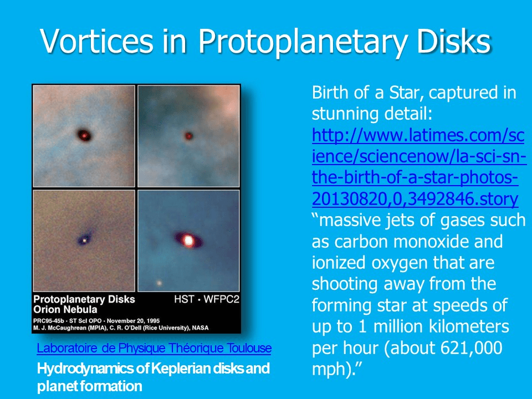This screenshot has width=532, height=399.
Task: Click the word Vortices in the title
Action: pyautogui.click(x=96, y=40)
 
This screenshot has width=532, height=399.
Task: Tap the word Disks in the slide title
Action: pyautogui.click(x=454, y=40)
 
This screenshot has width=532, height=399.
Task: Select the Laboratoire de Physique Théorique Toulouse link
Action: pyautogui.click(x=154, y=349)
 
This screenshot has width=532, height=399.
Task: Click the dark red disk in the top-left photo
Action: pyautogui.click(x=84, y=135)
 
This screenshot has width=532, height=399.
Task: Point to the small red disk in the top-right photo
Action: pyautogui.click(x=188, y=136)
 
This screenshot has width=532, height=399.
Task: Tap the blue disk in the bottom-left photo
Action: pyautogui.click(x=85, y=238)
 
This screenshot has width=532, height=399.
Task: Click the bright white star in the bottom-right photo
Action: pyautogui.click(x=188, y=240)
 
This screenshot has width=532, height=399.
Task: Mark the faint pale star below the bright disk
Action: pyautogui.click(x=159, y=283)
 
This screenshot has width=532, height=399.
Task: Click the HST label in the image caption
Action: pyautogui.click(x=184, y=299)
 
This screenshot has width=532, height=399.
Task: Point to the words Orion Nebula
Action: pyautogui.click(x=65, y=309)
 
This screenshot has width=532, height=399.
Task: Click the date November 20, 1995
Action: pyautogui.click(x=133, y=321)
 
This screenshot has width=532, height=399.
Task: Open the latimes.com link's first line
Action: pyautogui.click(x=418, y=135)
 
